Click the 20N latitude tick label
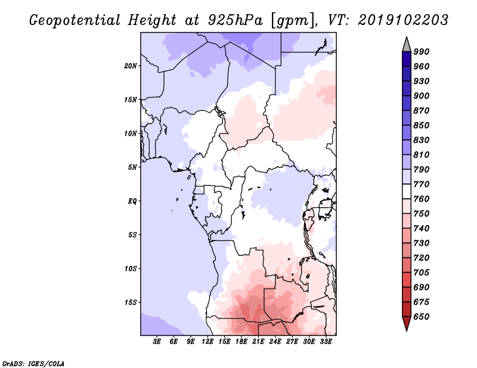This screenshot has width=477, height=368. click(x=131, y=66)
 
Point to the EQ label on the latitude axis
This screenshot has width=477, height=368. click(x=132, y=201)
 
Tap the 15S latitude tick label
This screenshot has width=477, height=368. click(x=131, y=302)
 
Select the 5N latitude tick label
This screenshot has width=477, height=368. click(x=132, y=167)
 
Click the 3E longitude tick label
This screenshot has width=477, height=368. click(x=157, y=342)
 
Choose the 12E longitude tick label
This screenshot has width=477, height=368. click(x=207, y=342)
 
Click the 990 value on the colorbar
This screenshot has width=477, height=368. click(x=422, y=52)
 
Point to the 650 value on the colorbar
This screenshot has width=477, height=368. click(x=422, y=317)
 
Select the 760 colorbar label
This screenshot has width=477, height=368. click(x=422, y=199)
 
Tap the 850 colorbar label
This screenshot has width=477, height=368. click(x=422, y=126)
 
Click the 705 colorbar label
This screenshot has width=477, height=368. click(x=422, y=273)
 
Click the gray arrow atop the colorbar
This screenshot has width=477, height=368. click(x=407, y=44)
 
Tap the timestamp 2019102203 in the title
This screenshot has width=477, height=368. click(x=403, y=21)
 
